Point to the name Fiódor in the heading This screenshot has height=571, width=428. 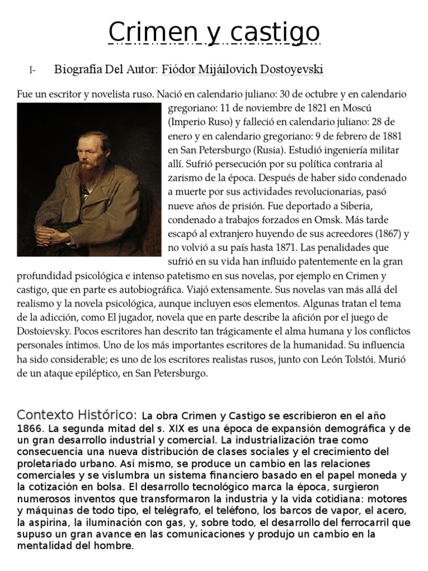coord(179,70)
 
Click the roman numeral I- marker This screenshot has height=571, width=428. coord(32,71)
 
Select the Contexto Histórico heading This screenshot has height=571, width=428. coord(77,415)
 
